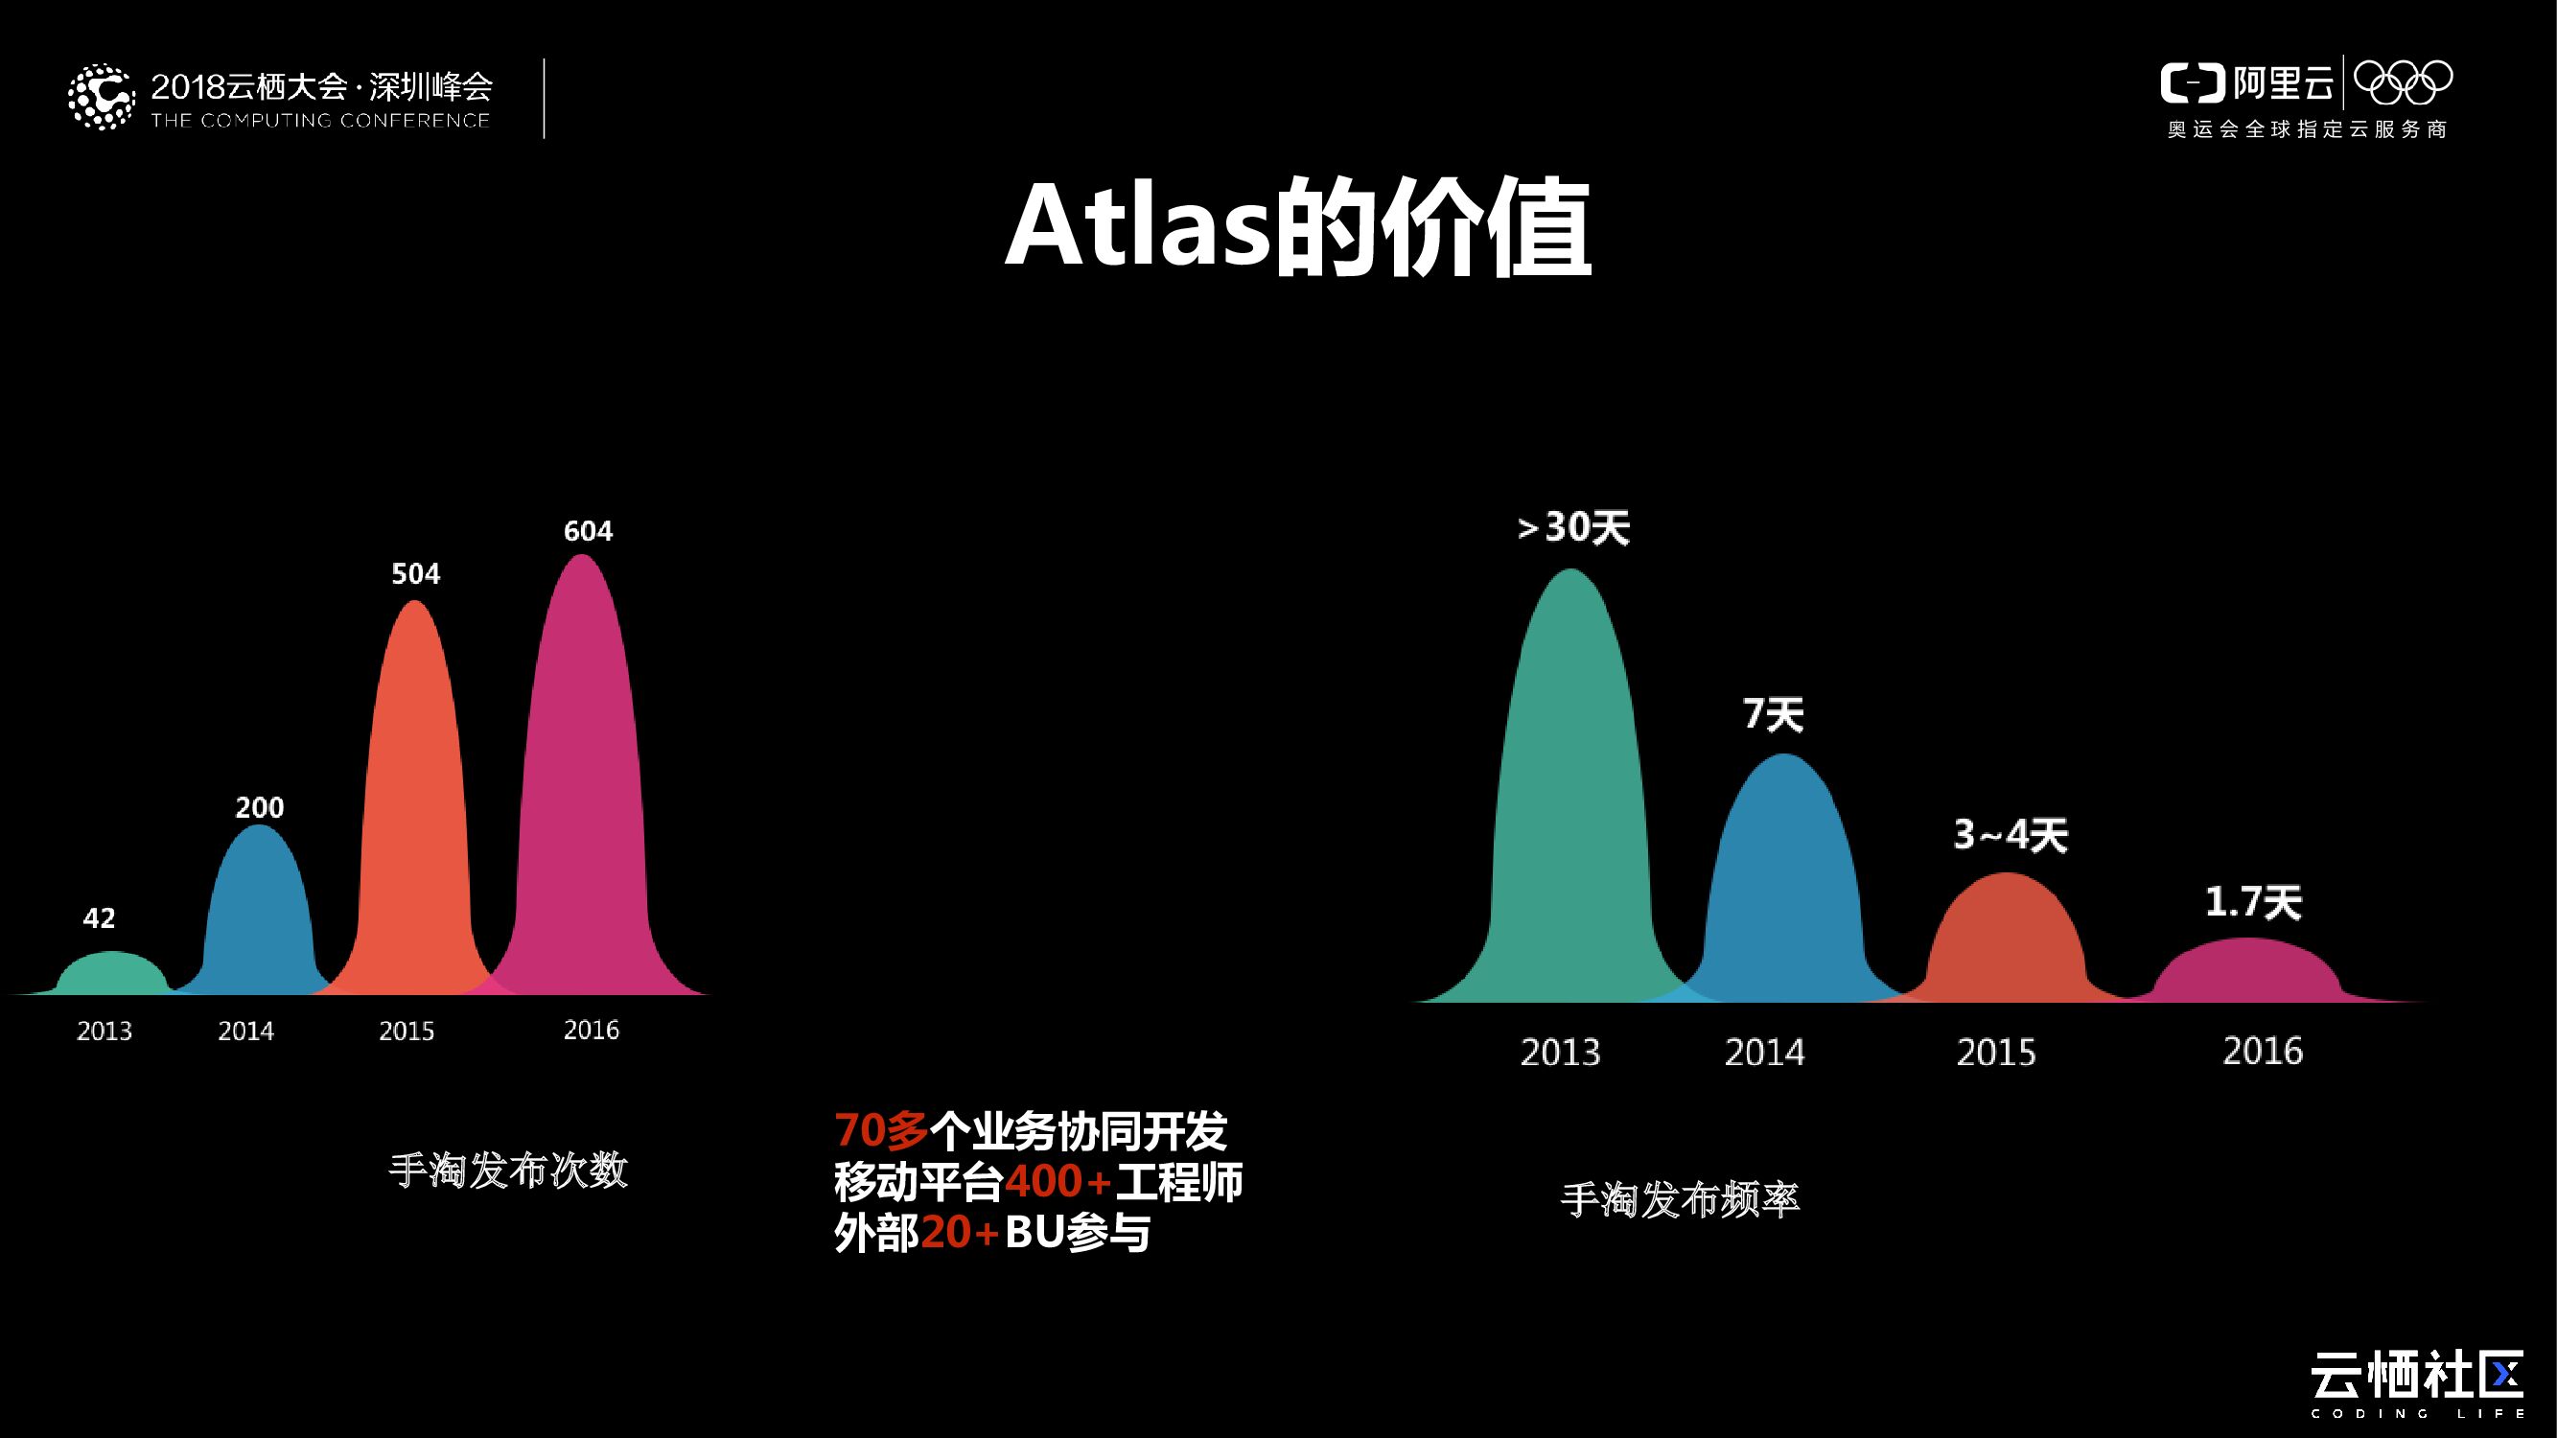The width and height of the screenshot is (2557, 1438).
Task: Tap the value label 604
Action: [x=588, y=532]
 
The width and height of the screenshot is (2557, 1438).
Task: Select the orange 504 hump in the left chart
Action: [x=414, y=794]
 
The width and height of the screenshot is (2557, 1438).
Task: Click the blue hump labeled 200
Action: [x=258, y=913]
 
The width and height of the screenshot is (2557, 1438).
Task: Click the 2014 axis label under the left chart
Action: [x=246, y=1032]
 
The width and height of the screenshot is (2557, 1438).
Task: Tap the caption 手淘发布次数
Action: [x=508, y=1171]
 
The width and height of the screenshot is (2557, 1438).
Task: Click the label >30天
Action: [x=1573, y=528]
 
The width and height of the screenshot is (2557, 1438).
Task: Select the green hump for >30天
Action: [x=1570, y=794]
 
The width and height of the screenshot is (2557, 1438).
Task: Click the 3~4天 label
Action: [x=2011, y=836]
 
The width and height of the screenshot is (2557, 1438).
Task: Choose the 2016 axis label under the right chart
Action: [x=2263, y=1051]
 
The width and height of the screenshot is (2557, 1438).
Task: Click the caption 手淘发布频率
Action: [x=1680, y=1200]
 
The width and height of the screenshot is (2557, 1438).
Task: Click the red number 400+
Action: [x=1058, y=1182]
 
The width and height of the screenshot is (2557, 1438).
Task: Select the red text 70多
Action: [x=880, y=1130]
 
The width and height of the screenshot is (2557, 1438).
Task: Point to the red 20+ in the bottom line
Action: [x=960, y=1234]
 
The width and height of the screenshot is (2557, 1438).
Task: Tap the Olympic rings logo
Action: [x=2402, y=82]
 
